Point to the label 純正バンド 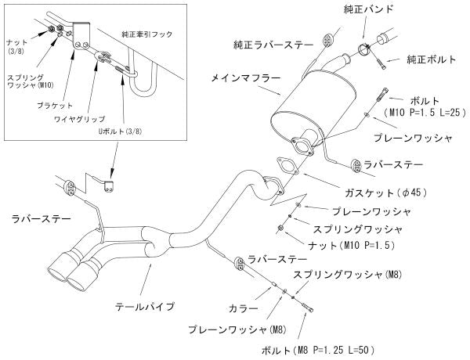click(359, 9)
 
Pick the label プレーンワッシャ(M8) click(237, 329)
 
